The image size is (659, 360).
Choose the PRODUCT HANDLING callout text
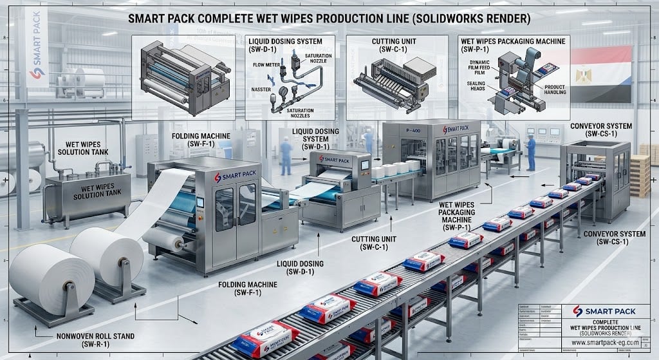[555, 90]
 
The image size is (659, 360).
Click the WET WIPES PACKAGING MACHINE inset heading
[512, 40]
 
